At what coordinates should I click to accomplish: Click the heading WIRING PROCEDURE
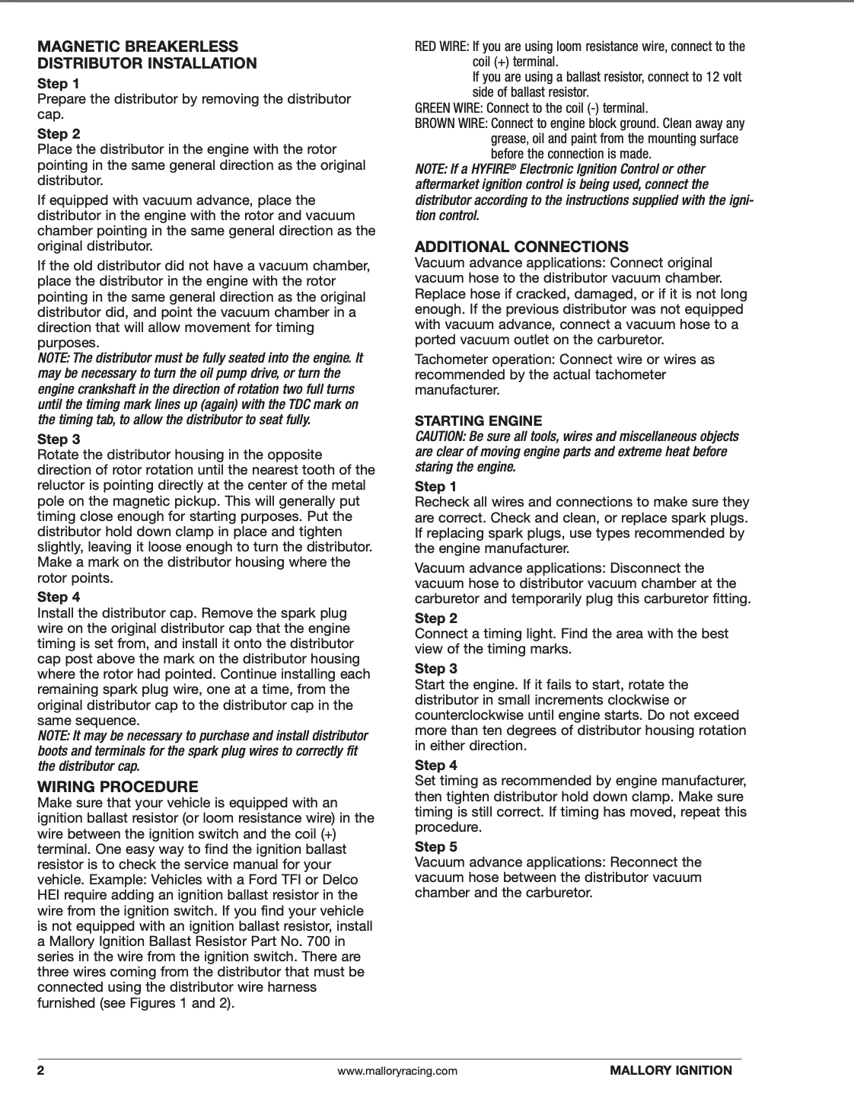pos(118,787)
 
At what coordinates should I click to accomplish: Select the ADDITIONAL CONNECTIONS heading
pos(521,247)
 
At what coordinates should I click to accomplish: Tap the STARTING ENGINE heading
pos(478,420)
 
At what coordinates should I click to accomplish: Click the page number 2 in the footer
pos(41,1070)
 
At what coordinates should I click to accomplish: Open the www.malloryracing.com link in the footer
pos(397,1071)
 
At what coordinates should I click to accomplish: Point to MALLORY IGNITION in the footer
pos(671,1070)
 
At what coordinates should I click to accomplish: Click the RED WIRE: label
pos(441,46)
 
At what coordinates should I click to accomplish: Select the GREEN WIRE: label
pos(448,108)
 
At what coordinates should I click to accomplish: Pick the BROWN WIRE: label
pos(451,123)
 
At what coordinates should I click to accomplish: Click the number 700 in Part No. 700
pos(320,941)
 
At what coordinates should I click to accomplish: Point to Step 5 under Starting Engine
pos(436,846)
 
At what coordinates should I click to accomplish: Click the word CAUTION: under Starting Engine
pos(440,436)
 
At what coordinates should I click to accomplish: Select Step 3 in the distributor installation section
pos(59,439)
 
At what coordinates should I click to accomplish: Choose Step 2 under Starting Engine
pos(436,618)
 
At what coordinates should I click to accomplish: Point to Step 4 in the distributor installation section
pos(59,597)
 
